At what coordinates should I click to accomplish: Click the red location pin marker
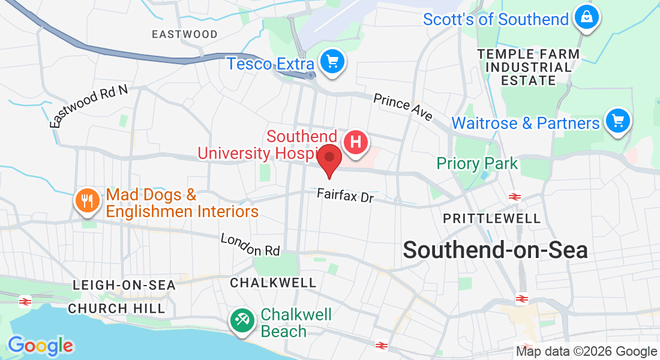click(329, 158)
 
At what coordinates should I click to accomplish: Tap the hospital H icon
click(355, 143)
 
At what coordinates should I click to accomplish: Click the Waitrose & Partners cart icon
click(617, 122)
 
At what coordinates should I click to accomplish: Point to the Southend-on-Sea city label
click(495, 250)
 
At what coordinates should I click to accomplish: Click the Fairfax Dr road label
click(345, 196)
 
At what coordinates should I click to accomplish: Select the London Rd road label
click(250, 245)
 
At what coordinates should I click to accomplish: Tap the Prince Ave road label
click(403, 107)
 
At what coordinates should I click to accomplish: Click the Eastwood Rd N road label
click(89, 106)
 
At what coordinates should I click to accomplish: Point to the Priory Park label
click(477, 163)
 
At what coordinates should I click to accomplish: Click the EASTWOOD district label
click(184, 34)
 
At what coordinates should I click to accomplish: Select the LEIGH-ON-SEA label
click(124, 285)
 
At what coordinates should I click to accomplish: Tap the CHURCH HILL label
click(116, 308)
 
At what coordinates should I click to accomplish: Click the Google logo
click(40, 345)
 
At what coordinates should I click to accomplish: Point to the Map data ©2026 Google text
click(586, 352)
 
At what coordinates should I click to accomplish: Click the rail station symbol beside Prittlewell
click(514, 196)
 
